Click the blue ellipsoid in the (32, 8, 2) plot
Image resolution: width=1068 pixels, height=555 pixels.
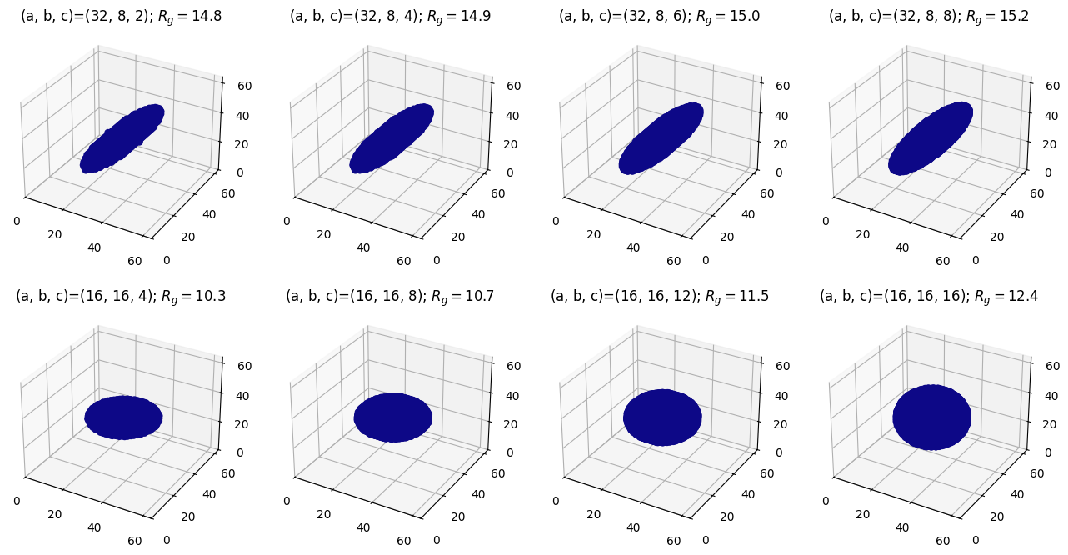point(122,139)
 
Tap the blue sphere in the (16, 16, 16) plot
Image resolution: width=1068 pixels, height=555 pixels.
point(931,417)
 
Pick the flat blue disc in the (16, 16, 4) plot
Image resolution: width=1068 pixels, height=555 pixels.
point(123,417)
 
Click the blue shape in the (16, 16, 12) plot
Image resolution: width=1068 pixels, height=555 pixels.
point(662,417)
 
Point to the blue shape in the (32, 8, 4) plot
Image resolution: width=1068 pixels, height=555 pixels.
point(392,139)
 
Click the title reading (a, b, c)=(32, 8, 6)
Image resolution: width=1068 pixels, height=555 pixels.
point(659,17)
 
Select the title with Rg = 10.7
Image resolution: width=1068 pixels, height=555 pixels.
point(390,297)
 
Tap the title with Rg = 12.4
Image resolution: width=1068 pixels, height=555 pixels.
point(928,297)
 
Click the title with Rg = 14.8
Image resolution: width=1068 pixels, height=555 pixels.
point(121,17)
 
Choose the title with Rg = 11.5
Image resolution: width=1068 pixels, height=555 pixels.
point(659,297)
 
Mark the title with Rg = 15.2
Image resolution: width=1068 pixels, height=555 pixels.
point(928,17)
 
